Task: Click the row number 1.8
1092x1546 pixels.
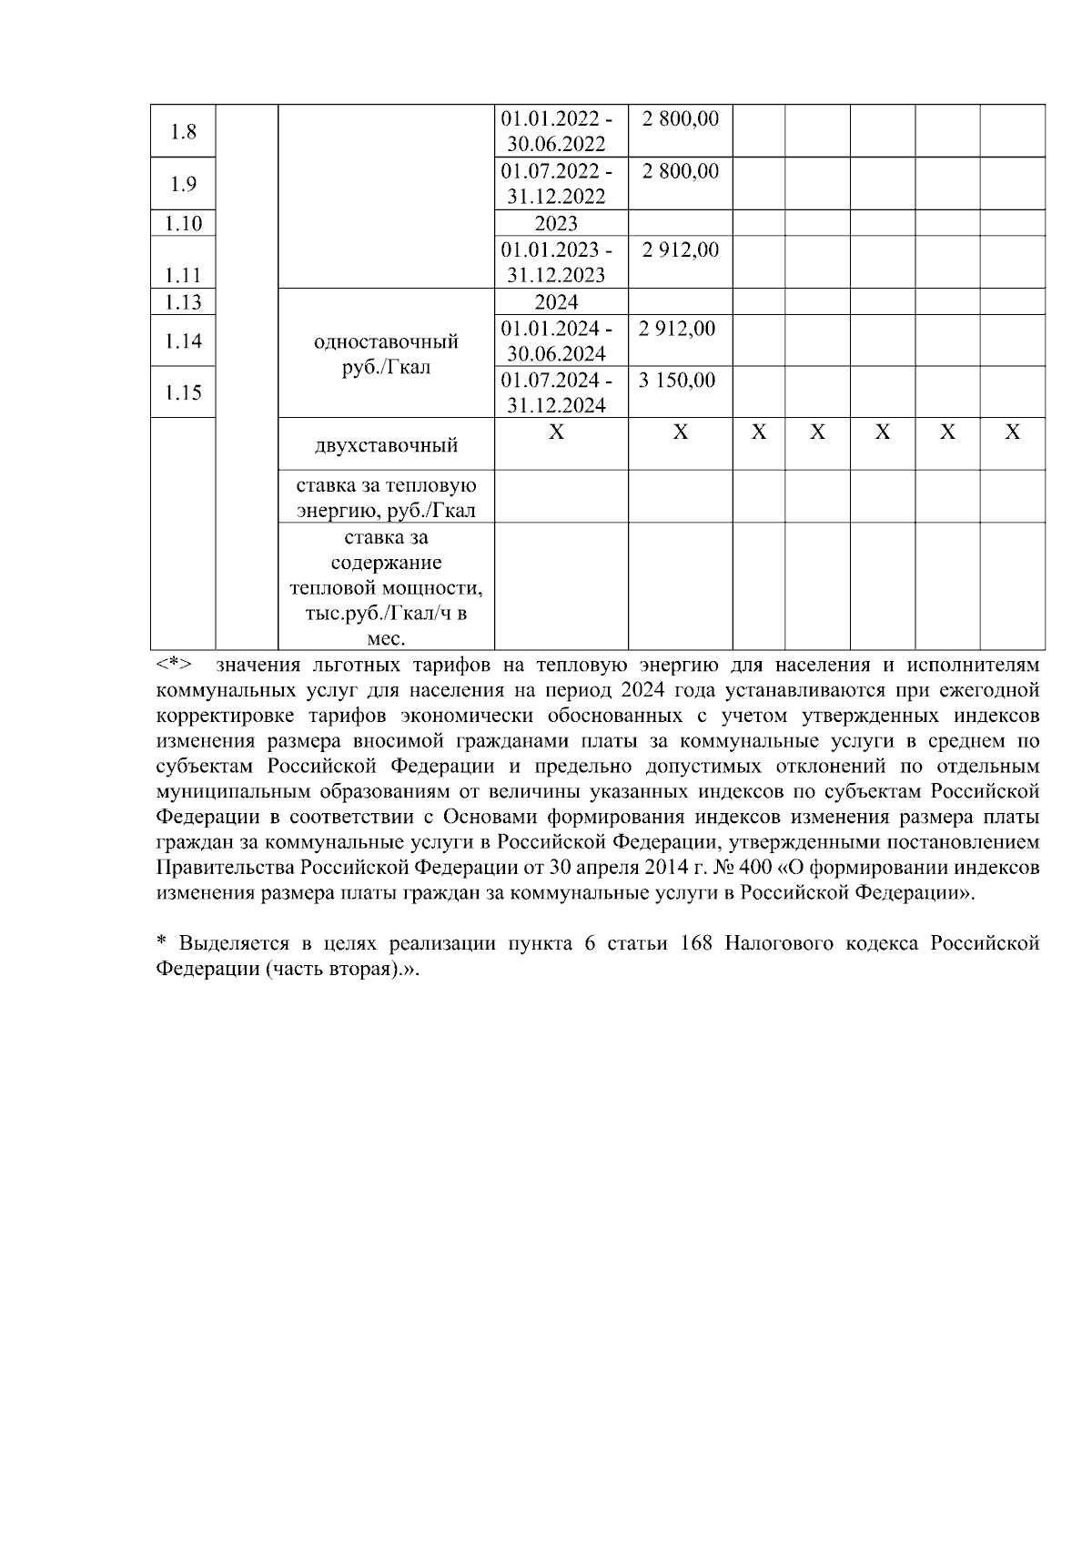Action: (x=183, y=132)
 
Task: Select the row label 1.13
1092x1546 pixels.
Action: (x=183, y=302)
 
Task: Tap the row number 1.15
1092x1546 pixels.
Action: (x=183, y=392)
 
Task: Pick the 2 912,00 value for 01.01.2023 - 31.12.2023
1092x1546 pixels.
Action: (x=679, y=249)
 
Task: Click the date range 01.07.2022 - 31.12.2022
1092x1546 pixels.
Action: (x=556, y=184)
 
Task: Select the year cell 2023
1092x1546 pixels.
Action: (x=556, y=224)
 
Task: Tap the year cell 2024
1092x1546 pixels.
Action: (x=556, y=302)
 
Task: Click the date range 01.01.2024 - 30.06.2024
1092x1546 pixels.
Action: (x=556, y=341)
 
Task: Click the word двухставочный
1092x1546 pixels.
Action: (x=386, y=446)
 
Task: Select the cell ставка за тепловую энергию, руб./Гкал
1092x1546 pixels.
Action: (x=386, y=497)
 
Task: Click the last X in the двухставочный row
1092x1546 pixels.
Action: (x=1011, y=432)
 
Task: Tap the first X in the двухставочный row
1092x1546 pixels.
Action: (x=556, y=432)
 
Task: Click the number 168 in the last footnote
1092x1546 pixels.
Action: (x=696, y=944)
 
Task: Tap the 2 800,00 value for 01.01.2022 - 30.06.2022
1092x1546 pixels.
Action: (x=679, y=118)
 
